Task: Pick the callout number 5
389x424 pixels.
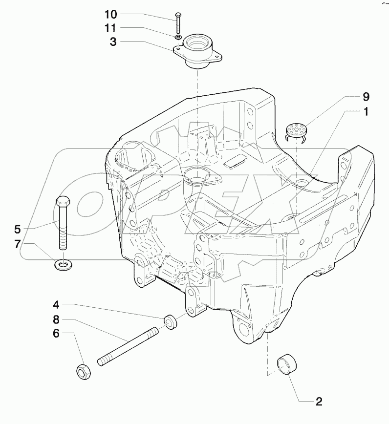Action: pos(18,228)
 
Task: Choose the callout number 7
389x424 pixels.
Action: pos(18,244)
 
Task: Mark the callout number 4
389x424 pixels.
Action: pos(57,305)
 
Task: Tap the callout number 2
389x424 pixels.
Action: pos(318,402)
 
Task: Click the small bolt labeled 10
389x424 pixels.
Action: pos(177,22)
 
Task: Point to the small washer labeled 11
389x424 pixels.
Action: pos(178,37)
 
